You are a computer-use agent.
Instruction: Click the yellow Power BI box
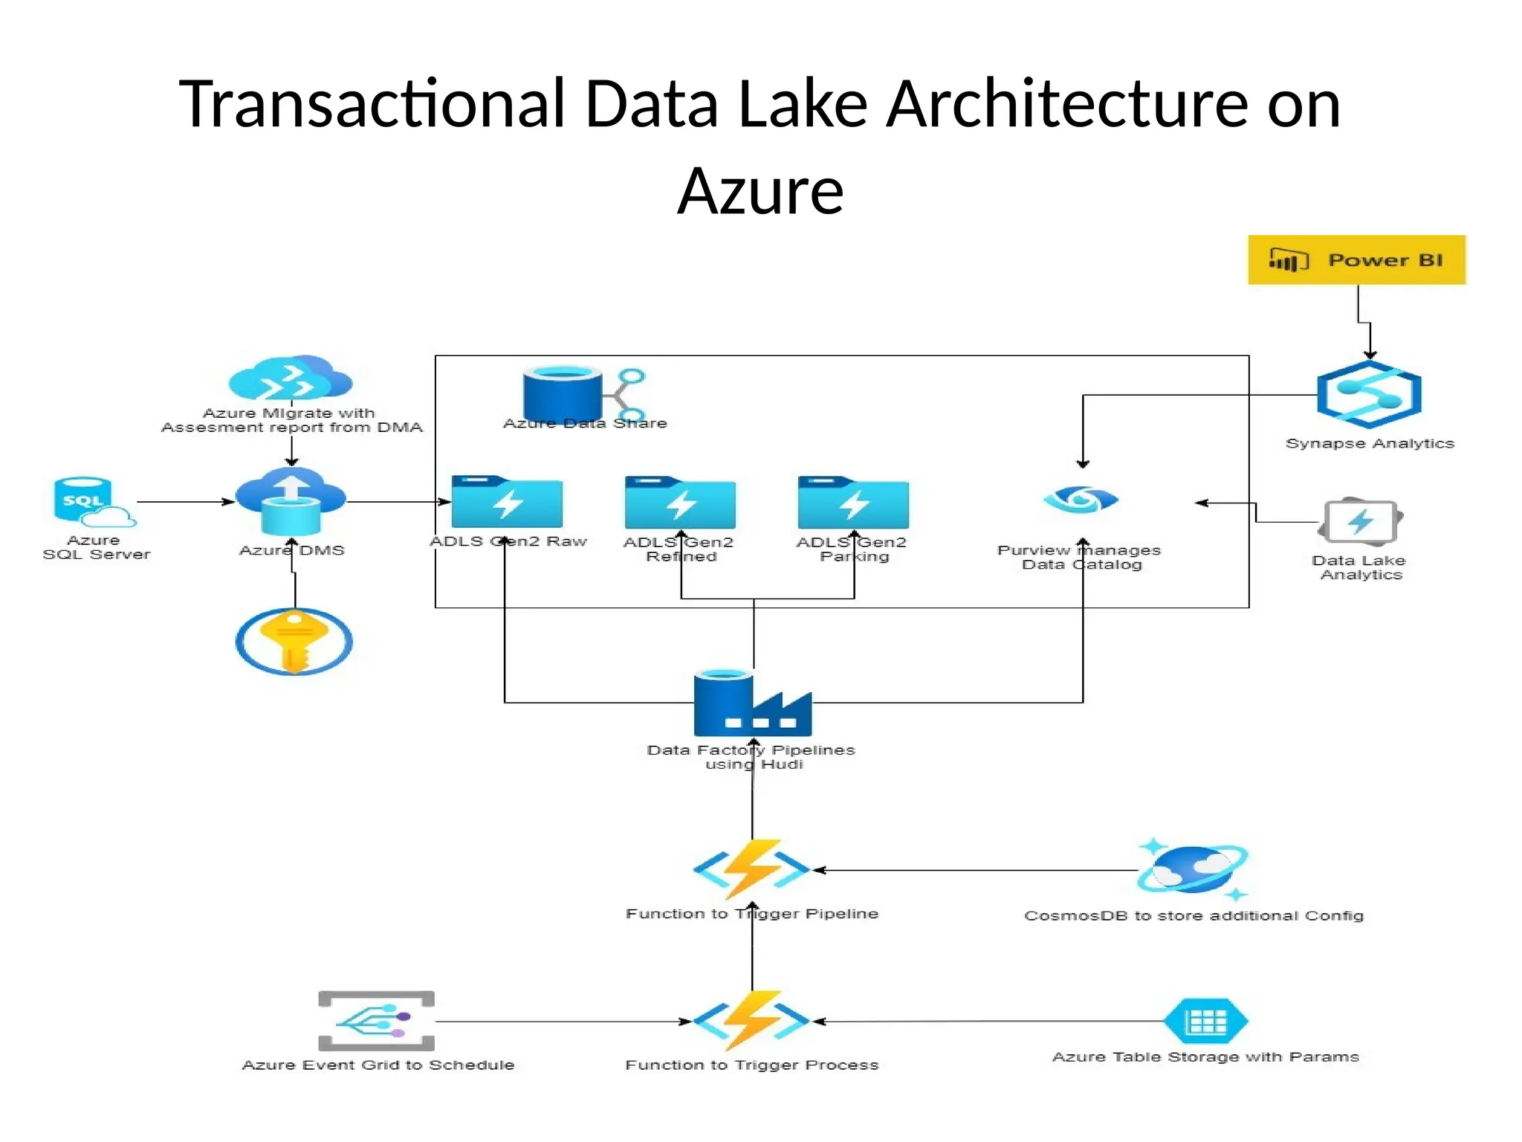coord(1356,259)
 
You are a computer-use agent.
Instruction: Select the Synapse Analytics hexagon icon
coord(1369,395)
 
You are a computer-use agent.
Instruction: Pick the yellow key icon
coord(294,641)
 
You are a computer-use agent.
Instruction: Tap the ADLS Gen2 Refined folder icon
coord(680,503)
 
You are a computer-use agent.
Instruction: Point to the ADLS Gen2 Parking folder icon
coord(853,503)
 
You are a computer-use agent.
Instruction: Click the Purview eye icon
coord(1081,499)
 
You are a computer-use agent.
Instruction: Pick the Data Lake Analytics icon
coord(1361,521)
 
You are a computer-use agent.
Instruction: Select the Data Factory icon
coord(752,703)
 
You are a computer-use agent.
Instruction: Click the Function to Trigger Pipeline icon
coord(752,868)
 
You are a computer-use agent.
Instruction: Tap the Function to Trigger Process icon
coord(752,1020)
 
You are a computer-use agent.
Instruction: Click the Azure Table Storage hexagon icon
coord(1205,1021)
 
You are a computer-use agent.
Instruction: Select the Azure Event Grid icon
coord(376,1021)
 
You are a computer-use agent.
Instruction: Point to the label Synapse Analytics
coord(1370,443)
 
